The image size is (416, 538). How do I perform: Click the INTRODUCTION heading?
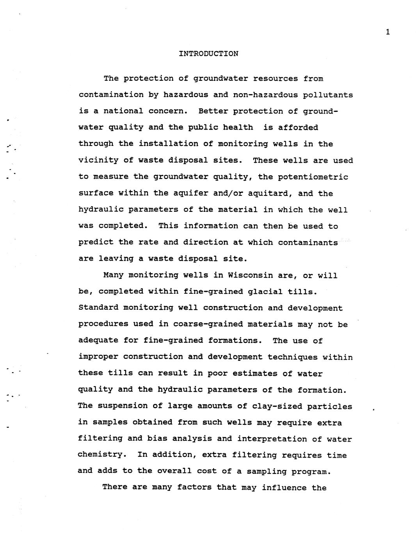(208, 54)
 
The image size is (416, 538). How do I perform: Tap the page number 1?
(388, 32)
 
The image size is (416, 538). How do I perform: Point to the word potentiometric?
(313, 177)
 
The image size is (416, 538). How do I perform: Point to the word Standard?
(98, 308)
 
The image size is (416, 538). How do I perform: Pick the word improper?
(98, 357)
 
